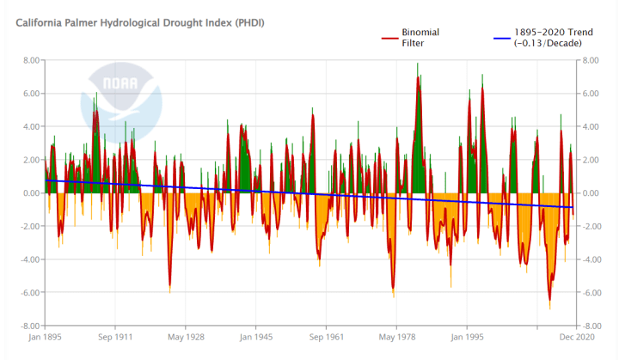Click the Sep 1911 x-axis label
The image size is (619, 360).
click(113, 339)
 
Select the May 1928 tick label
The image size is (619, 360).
click(185, 339)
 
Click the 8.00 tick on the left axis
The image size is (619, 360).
click(31, 60)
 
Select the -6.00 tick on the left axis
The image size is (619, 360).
click(29, 293)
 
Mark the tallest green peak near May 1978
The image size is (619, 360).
click(418, 64)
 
